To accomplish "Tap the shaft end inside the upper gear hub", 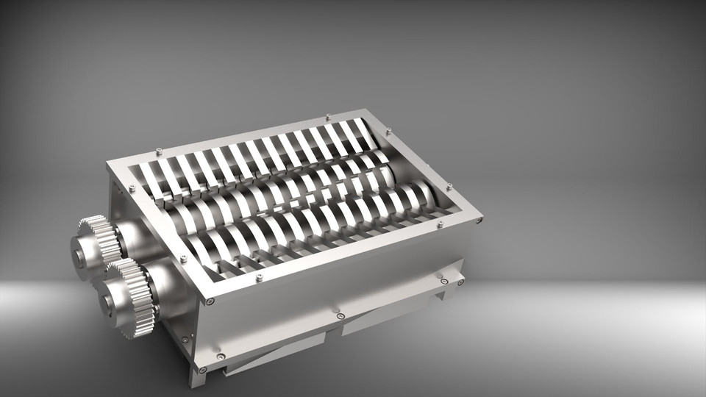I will [78, 257].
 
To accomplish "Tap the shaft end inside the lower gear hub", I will [107, 301].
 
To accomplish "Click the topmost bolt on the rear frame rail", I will [327, 116].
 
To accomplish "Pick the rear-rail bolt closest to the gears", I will [158, 151].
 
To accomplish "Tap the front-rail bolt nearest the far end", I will [440, 225].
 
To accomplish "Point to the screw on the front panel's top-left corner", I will [211, 301].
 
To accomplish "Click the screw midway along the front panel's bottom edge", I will [340, 316].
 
